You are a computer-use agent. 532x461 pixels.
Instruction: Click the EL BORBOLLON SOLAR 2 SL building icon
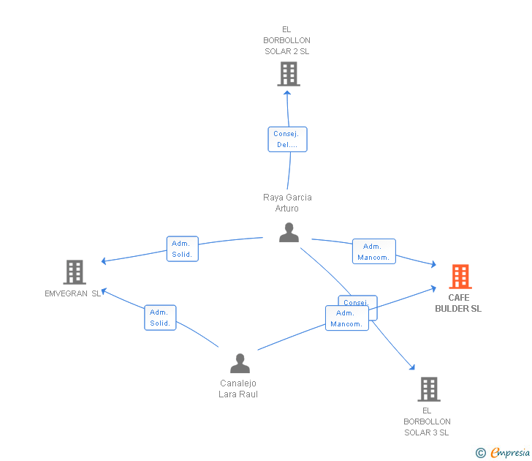[x=289, y=74]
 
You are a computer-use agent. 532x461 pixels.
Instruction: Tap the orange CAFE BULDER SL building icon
[x=460, y=277]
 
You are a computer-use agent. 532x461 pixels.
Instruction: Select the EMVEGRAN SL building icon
[x=75, y=272]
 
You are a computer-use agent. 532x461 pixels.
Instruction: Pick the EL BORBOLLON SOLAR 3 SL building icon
[x=429, y=389]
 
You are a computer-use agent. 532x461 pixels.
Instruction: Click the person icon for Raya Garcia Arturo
[x=289, y=233]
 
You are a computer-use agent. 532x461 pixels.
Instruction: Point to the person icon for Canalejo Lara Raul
[x=240, y=364]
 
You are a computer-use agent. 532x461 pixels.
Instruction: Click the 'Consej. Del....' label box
[x=287, y=139]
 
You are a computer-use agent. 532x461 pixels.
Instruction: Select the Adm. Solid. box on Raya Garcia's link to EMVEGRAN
[x=182, y=249]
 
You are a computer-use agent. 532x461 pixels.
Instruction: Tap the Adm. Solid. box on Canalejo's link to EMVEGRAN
[x=160, y=318]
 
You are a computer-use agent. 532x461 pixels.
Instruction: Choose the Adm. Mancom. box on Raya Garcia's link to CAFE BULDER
[x=373, y=252]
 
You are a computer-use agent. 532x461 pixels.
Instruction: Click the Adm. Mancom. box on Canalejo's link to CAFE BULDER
[x=346, y=318]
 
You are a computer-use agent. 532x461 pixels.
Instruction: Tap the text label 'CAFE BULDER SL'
[x=458, y=303]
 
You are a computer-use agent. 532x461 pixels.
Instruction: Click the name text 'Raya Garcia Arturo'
[x=287, y=203]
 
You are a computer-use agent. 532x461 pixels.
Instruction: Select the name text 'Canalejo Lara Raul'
[x=238, y=389]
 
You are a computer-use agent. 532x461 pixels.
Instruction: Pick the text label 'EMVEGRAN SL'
[x=73, y=293]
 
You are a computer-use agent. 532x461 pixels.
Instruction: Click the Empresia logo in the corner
[x=509, y=453]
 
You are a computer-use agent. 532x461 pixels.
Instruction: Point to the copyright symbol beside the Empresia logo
[x=480, y=454]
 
